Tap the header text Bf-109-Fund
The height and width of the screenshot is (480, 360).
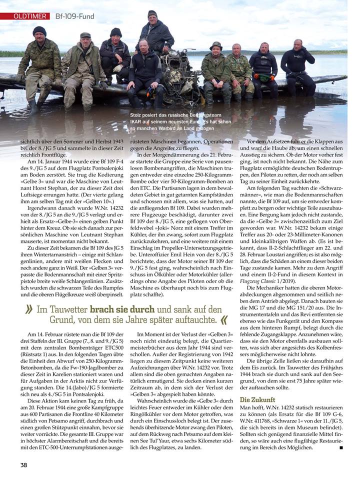pyautogui.click(x=74, y=16)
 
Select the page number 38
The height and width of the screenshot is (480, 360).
pyautogui.click(x=23, y=464)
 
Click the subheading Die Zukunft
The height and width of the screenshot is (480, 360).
pyautogui.click(x=257, y=400)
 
